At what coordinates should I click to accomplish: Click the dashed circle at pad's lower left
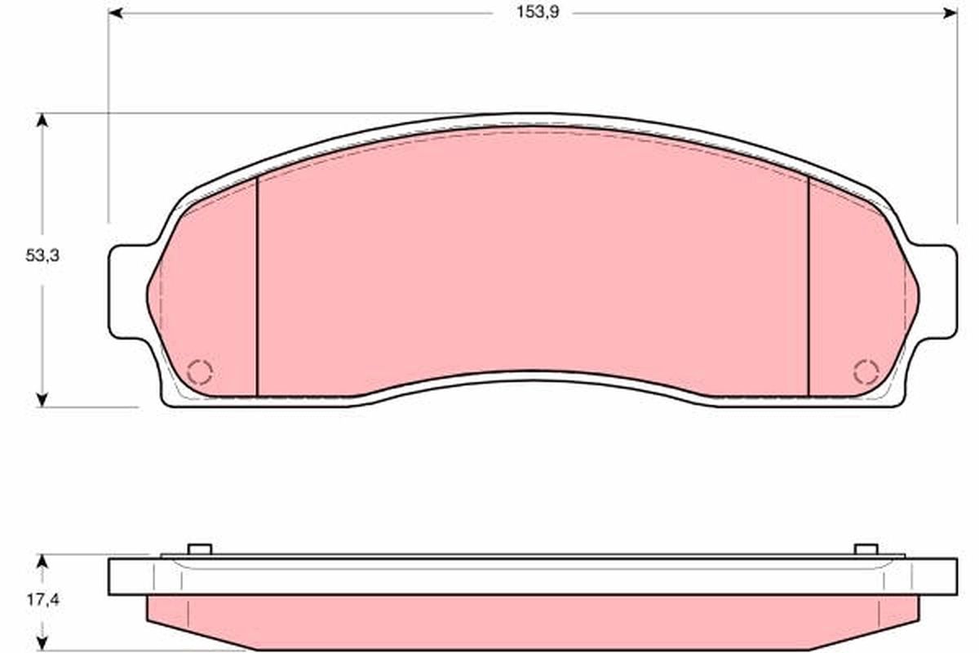[200, 371]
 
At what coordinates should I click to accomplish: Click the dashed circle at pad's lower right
[866, 371]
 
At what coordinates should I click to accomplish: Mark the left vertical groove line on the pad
[257, 286]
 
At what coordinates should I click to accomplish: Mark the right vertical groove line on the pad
[808, 286]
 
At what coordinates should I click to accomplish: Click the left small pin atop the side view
[200, 549]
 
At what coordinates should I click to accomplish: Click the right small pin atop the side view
[866, 549]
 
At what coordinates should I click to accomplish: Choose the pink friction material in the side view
[530, 620]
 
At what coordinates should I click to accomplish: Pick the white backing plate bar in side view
[530, 576]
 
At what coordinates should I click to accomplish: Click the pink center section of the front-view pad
[530, 261]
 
